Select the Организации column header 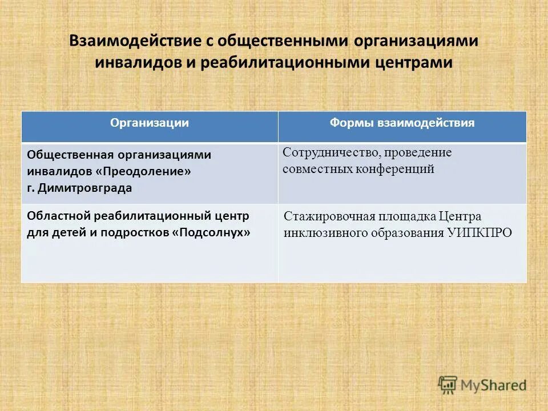tap(150, 123)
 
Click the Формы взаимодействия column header tap(402, 123)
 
